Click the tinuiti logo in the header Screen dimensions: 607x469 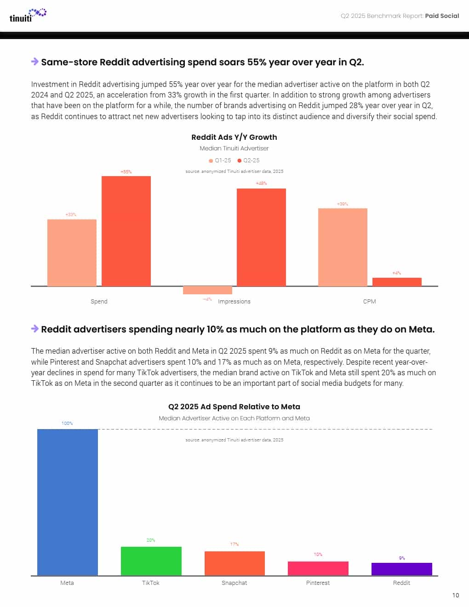(x=28, y=15)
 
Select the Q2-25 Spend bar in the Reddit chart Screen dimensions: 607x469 (x=126, y=231)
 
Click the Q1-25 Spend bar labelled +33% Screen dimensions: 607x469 (x=72, y=252)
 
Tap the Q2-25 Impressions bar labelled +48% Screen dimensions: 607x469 (x=261, y=237)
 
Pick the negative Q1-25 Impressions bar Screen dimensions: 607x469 (x=207, y=290)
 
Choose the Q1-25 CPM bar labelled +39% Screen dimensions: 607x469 (x=343, y=247)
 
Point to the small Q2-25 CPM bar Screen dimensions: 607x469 (x=397, y=282)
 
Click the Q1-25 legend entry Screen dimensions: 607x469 (x=220, y=160)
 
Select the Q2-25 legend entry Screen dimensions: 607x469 (x=249, y=160)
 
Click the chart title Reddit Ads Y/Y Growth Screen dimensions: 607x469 (x=234, y=137)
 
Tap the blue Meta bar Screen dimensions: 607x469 (x=68, y=502)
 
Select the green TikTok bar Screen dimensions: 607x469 (x=151, y=561)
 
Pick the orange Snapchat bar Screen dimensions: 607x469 (x=234, y=563)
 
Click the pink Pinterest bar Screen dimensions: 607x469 (x=318, y=568)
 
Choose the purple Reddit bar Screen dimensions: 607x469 (x=401, y=569)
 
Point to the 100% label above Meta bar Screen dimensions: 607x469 (x=67, y=423)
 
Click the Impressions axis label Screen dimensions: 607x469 (x=234, y=302)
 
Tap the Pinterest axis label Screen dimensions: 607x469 (x=318, y=583)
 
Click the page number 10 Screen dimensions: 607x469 (x=455, y=595)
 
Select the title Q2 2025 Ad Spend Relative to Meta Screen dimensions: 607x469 (x=234, y=407)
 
